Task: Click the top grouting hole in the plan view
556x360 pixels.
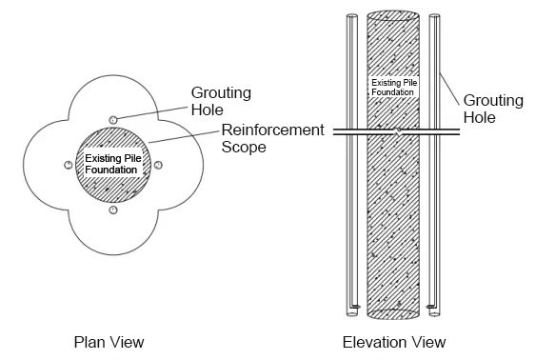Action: click(x=111, y=119)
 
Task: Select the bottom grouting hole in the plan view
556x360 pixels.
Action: click(x=111, y=209)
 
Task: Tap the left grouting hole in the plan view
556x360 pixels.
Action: click(x=67, y=164)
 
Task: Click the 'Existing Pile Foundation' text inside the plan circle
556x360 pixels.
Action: click(x=111, y=163)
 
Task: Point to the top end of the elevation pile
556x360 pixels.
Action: click(x=395, y=16)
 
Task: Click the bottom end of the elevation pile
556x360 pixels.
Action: click(x=395, y=312)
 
